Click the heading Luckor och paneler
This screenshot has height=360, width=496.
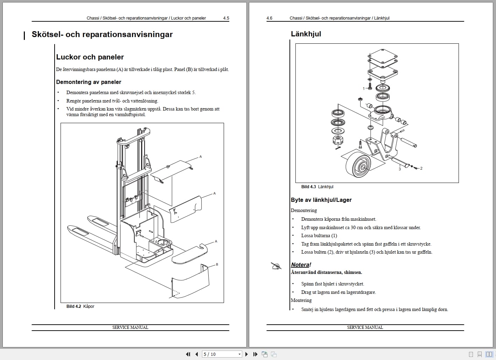point(90,57)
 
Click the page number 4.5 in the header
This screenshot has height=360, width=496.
point(226,18)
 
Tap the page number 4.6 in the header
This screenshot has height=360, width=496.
point(269,18)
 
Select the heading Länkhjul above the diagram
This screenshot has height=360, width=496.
point(306,34)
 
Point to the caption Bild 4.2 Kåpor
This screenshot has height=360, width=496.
point(80,306)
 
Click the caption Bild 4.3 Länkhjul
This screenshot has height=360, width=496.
point(317,187)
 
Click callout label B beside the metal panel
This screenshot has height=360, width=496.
point(217,264)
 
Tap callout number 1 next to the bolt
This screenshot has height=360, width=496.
point(364,89)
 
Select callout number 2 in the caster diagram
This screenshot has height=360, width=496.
point(421,168)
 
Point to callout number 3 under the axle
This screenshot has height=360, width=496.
point(400,169)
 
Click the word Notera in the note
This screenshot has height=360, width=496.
point(300,265)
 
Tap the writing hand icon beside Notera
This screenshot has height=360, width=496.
point(276,266)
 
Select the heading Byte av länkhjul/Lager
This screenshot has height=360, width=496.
point(321,200)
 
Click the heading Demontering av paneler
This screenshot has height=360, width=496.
point(89,82)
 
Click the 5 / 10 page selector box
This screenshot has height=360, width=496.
point(222,354)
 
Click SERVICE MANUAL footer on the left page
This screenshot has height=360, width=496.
point(130,327)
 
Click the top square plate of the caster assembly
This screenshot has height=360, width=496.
point(383,58)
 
